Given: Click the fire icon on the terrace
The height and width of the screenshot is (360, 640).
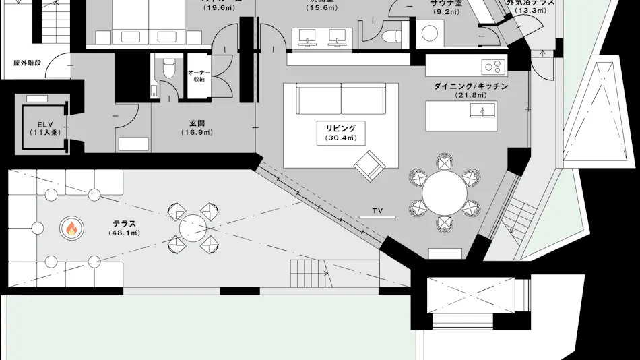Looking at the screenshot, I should pyautogui.click(x=70, y=229).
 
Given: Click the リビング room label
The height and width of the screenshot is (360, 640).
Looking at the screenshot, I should pyautogui.click(x=340, y=127).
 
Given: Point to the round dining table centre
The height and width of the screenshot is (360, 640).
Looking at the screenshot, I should pyautogui.click(x=443, y=193).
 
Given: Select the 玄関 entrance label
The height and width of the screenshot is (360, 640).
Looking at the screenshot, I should pyautogui.click(x=197, y=123).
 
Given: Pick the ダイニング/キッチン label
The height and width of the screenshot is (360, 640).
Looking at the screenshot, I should pyautogui.click(x=471, y=86).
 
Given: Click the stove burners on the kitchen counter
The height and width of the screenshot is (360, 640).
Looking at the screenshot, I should pyautogui.click(x=493, y=67).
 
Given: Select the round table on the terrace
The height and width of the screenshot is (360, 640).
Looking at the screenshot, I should pyautogui.click(x=193, y=228).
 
